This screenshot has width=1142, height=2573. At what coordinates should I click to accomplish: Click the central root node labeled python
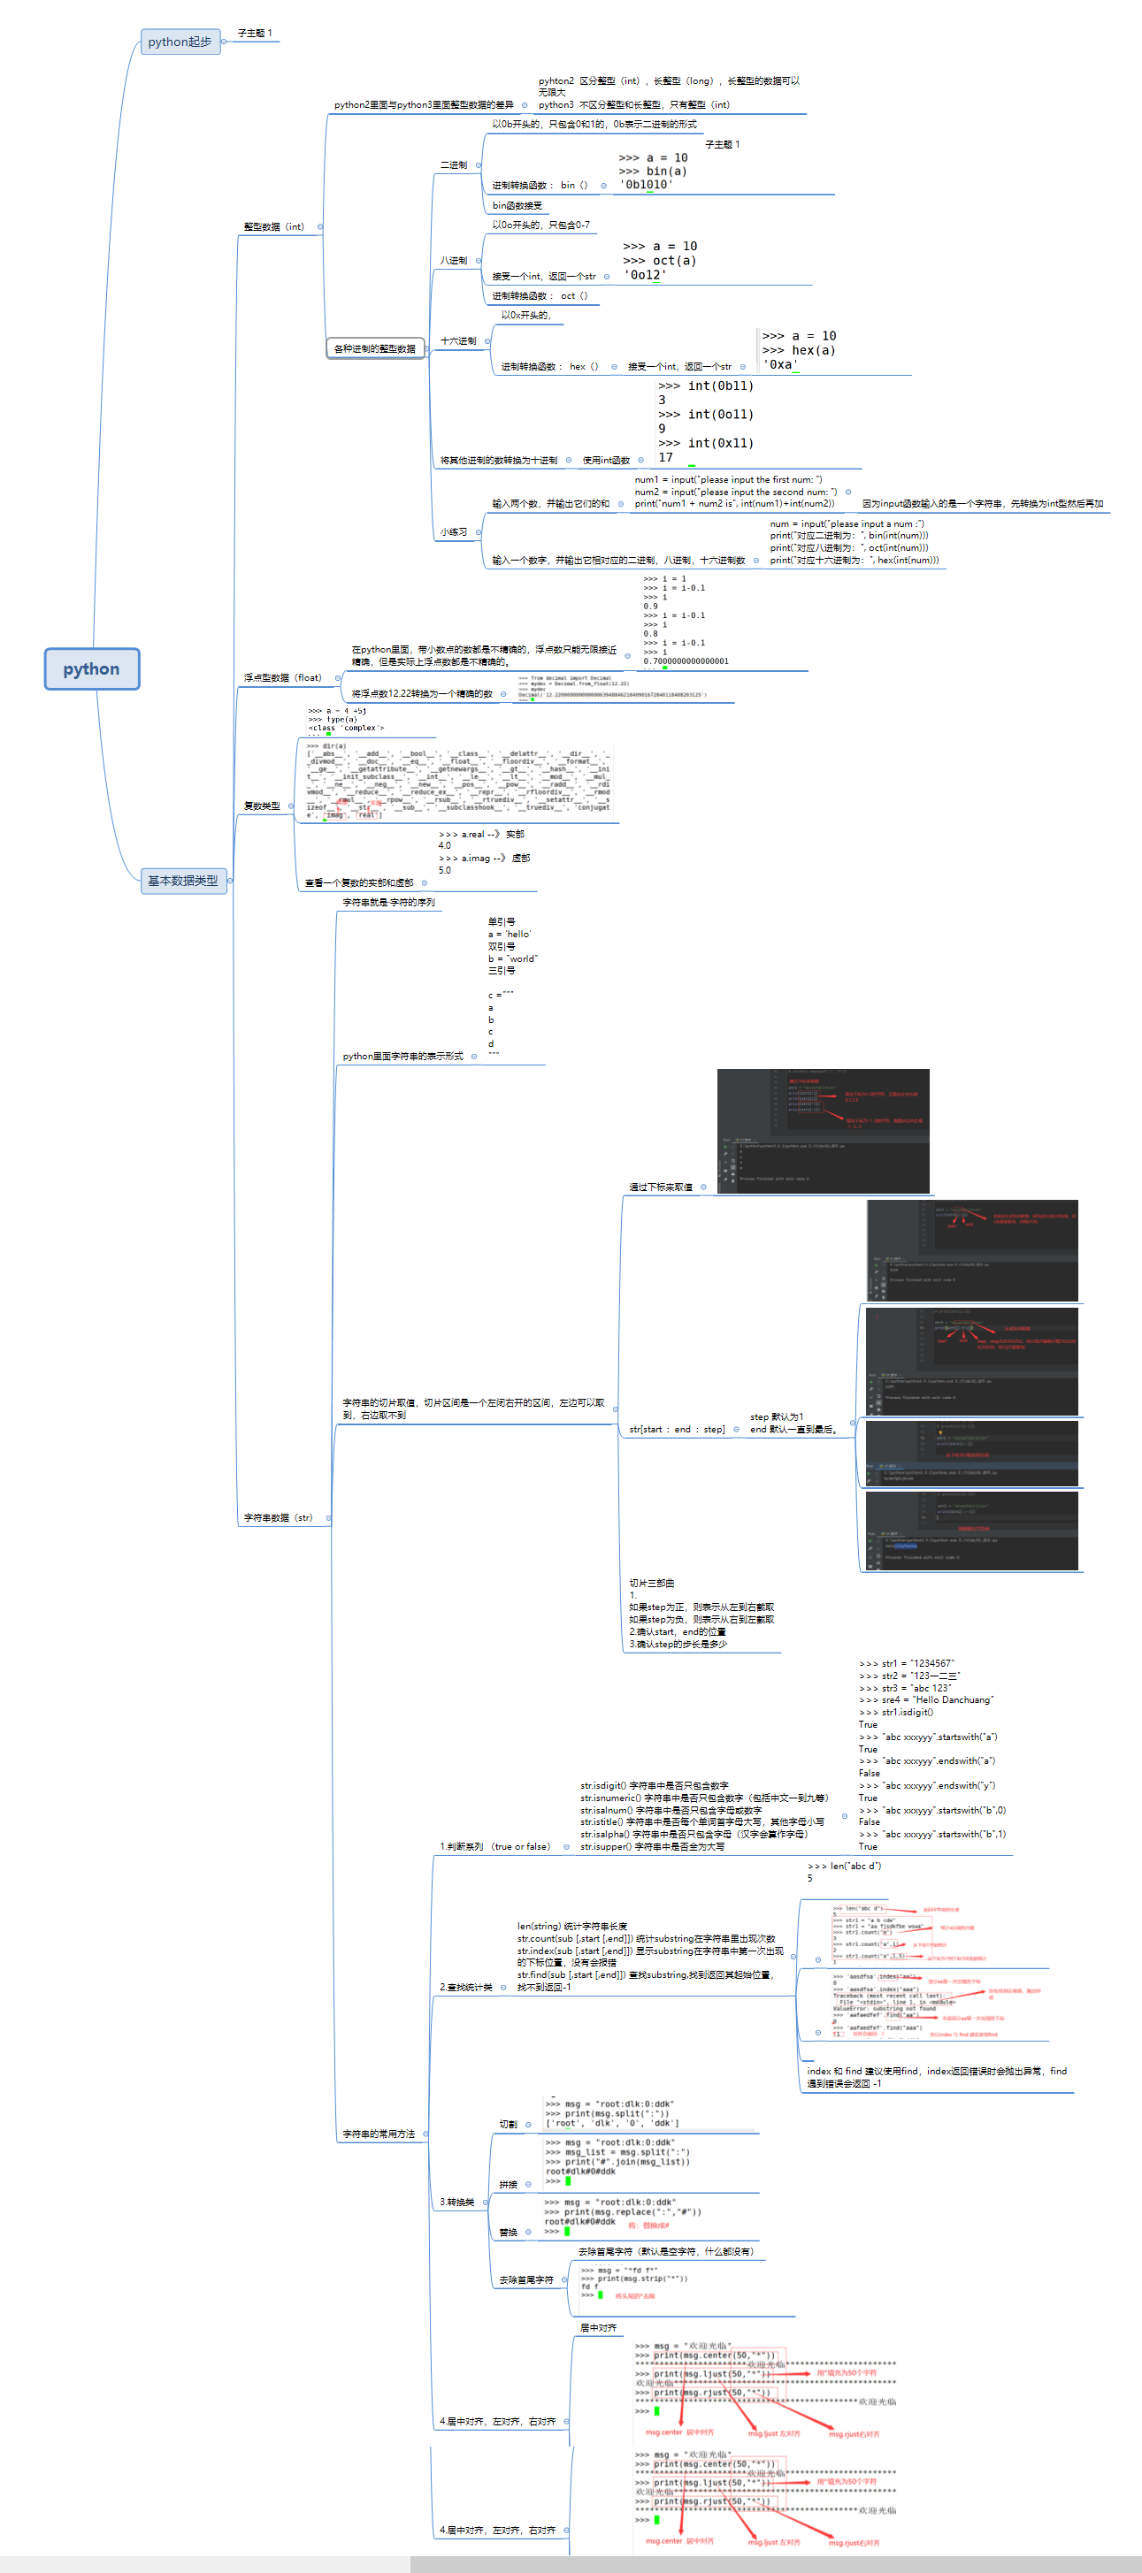(91, 669)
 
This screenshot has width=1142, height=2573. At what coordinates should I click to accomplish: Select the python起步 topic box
(180, 42)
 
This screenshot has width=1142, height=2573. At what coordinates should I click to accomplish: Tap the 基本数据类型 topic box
(183, 880)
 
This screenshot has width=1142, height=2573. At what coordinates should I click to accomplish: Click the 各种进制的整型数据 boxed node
(375, 348)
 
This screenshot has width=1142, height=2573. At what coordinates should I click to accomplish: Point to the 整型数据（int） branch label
(273, 226)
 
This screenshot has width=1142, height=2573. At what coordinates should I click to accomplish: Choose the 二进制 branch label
(454, 164)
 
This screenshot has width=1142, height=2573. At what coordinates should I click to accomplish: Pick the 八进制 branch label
(454, 261)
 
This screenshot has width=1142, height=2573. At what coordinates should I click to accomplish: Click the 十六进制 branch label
(458, 341)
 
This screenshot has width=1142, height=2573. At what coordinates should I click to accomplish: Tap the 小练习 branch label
(454, 532)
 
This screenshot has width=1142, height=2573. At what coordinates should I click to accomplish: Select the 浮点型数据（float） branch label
(282, 678)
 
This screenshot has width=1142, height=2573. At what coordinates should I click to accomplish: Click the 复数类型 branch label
(262, 806)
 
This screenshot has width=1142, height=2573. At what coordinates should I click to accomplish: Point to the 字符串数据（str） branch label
(278, 1518)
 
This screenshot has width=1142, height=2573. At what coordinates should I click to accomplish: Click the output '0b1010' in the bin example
(646, 185)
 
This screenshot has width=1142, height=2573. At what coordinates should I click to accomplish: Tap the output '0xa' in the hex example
(780, 364)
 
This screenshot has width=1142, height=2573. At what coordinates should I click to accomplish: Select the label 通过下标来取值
(661, 1187)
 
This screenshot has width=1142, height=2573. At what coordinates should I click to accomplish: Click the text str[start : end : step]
(677, 1430)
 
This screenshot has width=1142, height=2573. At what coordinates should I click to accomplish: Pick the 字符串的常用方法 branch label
(379, 2134)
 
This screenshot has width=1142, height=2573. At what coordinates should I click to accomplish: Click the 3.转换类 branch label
(457, 2203)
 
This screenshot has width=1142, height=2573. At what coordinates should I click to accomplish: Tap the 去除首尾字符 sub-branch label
(526, 2280)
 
